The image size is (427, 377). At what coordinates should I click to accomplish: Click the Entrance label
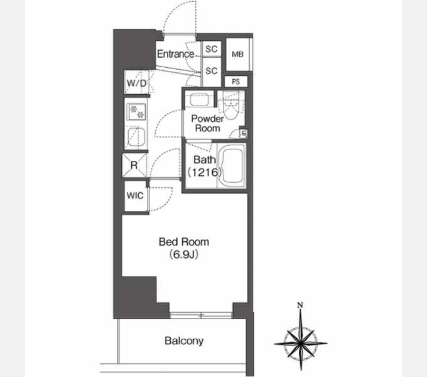(176, 54)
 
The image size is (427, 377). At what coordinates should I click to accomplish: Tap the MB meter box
(238, 55)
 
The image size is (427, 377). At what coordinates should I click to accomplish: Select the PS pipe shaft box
(236, 82)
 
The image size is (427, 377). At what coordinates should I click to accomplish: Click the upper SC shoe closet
(212, 49)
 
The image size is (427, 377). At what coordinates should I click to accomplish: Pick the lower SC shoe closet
(212, 72)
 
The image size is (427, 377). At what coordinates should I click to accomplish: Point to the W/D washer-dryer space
(137, 82)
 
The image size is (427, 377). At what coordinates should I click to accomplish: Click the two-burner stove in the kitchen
(137, 112)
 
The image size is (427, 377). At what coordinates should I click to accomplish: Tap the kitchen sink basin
(137, 138)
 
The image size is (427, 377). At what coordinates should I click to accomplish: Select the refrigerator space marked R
(134, 165)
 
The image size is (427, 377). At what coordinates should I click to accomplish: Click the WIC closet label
(135, 195)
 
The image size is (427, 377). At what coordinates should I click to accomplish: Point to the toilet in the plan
(231, 106)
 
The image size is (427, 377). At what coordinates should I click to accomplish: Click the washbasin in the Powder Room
(199, 100)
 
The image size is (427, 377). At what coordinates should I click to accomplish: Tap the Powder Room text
(207, 123)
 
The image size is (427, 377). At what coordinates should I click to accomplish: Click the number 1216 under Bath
(205, 172)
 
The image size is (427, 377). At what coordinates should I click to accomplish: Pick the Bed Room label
(184, 242)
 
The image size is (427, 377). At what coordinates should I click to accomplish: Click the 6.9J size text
(183, 254)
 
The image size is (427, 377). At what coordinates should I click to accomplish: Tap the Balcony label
(184, 341)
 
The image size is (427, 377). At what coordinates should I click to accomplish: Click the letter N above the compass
(300, 305)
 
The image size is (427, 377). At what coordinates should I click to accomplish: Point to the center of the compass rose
(301, 344)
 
